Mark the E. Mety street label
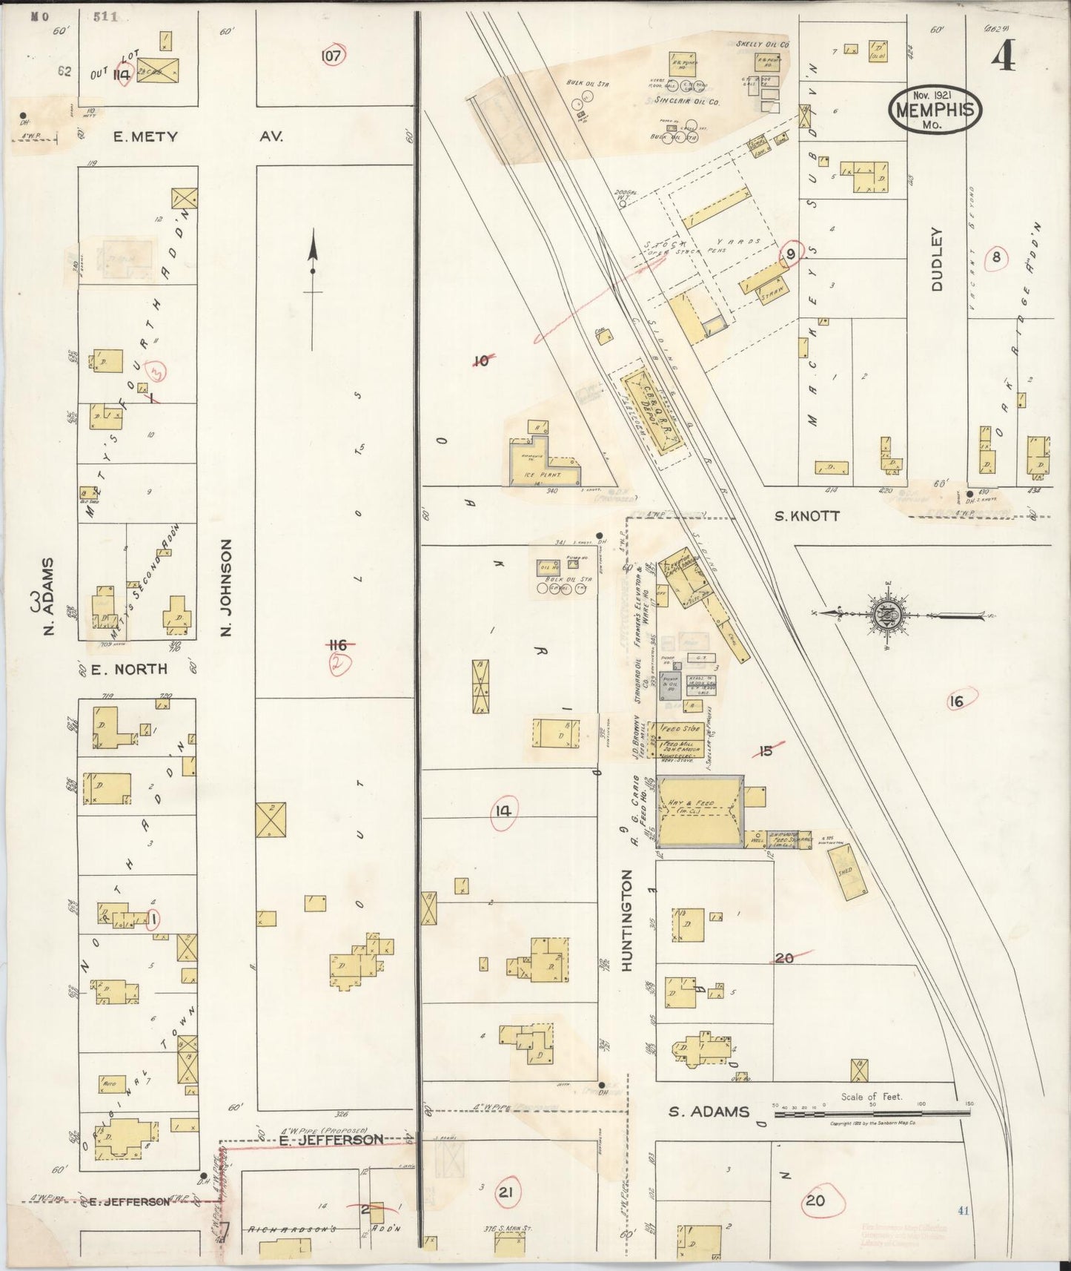coord(145,136)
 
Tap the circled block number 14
coord(504,811)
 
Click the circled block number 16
coord(957,701)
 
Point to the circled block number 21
coord(506,1192)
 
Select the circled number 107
coord(334,55)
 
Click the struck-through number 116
coord(339,646)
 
